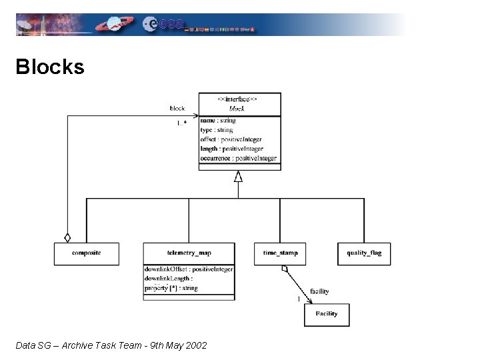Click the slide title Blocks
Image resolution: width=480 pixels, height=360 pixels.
(50, 67)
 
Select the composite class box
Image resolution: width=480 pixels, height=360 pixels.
(86, 253)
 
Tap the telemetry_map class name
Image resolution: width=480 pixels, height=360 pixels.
(189, 253)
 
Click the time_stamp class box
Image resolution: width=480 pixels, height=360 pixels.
(280, 253)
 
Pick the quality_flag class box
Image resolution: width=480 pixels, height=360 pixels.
(364, 253)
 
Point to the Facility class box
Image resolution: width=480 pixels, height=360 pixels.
(327, 314)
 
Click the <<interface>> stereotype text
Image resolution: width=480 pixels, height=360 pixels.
(238, 99)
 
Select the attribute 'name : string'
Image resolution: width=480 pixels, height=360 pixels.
(217, 121)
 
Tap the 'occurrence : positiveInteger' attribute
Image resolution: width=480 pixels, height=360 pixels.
(238, 158)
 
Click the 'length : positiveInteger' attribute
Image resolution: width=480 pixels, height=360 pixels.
(232, 149)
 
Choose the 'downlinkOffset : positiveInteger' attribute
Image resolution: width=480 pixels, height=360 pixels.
(189, 269)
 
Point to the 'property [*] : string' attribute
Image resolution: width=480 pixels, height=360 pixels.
(171, 288)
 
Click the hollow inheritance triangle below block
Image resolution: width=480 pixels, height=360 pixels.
(238, 176)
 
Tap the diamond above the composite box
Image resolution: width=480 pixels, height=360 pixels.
(67, 237)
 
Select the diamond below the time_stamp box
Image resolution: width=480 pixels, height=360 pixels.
(285, 269)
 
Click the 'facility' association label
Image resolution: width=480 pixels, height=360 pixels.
(319, 291)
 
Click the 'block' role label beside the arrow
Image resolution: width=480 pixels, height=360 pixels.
(177, 108)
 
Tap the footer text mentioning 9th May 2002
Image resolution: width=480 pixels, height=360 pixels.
(111, 345)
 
